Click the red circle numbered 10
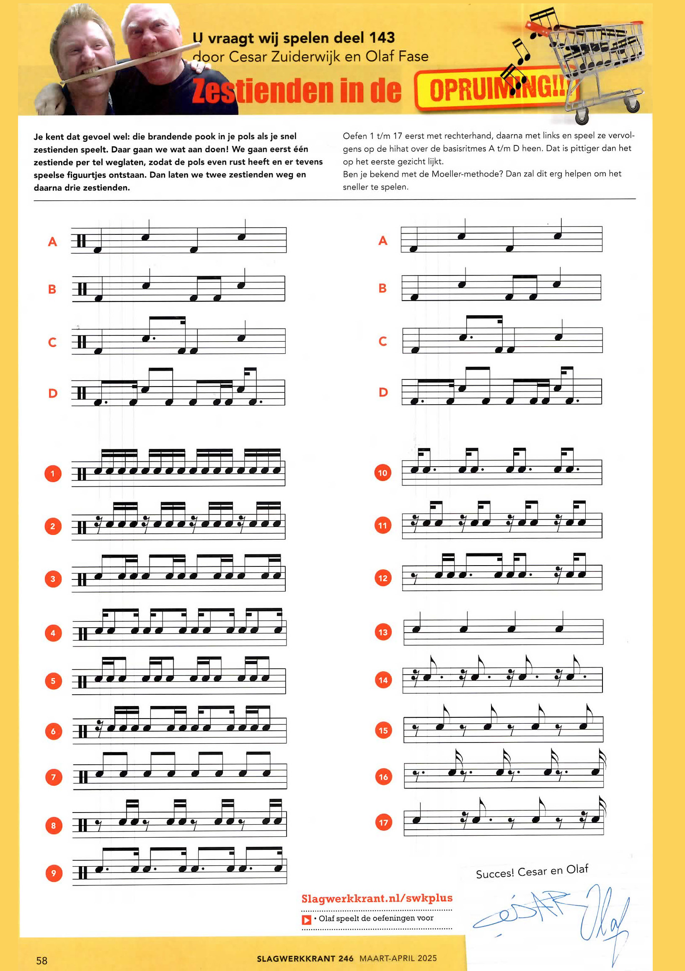pyautogui.click(x=383, y=473)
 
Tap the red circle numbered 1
pyautogui.click(x=53, y=473)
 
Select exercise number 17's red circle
pyautogui.click(x=383, y=822)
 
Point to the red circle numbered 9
pyautogui.click(x=54, y=872)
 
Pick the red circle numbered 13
pyautogui.click(x=383, y=632)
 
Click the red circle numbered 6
pyautogui.click(x=53, y=731)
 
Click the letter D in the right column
pyautogui.click(x=383, y=392)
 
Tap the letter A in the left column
pyautogui.click(x=52, y=241)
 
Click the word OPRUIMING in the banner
pyautogui.click(x=496, y=89)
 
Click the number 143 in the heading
pyautogui.click(x=382, y=38)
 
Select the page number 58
pyautogui.click(x=42, y=961)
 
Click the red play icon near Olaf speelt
pyautogui.click(x=306, y=919)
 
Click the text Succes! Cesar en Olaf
pyautogui.click(x=532, y=872)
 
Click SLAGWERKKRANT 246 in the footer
pyautogui.click(x=305, y=958)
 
